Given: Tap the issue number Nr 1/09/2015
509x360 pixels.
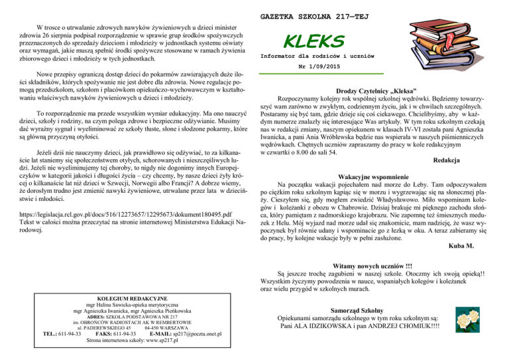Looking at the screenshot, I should click(306, 67).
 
